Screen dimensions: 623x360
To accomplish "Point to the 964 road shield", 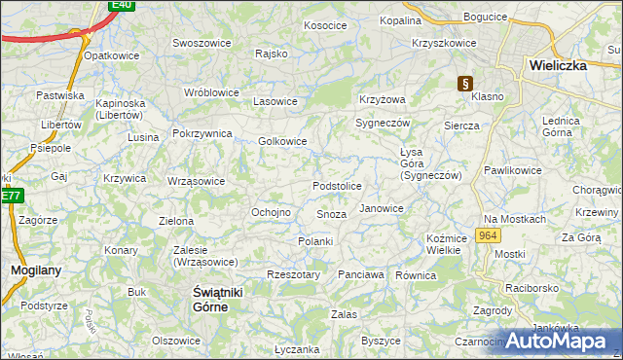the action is click(489, 236).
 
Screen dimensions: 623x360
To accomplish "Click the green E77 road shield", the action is click(11, 196).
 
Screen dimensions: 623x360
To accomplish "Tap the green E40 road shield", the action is click(121, 5).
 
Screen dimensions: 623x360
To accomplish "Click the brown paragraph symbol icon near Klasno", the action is click(466, 84).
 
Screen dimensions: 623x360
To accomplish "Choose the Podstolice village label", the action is click(337, 186).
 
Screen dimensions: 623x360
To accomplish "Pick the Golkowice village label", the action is click(282, 141).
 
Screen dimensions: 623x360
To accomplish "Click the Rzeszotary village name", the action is click(293, 275).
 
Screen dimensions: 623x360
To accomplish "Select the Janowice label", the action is click(381, 208).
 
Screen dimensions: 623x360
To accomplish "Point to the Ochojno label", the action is click(272, 212).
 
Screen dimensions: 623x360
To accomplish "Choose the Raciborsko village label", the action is click(531, 289).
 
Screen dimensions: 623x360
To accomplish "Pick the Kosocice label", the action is click(325, 25).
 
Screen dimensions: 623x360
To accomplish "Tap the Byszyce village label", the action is click(381, 341).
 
